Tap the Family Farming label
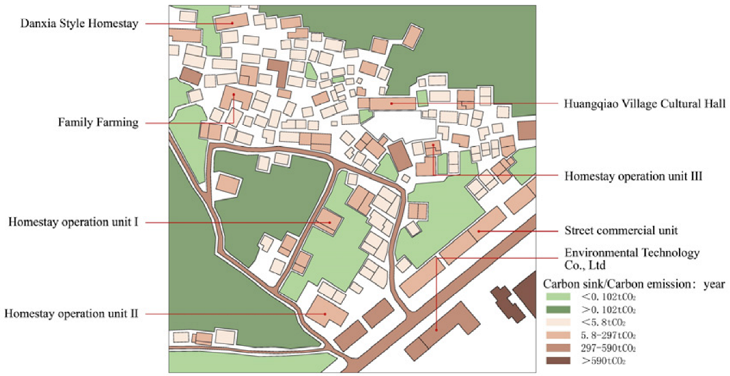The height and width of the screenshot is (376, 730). pyautogui.click(x=98, y=122)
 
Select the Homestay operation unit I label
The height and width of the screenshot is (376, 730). pyautogui.click(x=73, y=222)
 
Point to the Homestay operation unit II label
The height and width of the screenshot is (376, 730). pyautogui.click(x=71, y=314)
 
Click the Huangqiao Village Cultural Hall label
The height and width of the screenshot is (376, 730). pyautogui.click(x=638, y=103)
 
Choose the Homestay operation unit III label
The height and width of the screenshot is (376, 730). pyautogui.click(x=633, y=175)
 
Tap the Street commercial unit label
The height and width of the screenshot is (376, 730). pyautogui.click(x=621, y=231)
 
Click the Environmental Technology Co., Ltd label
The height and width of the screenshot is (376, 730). pyautogui.click(x=632, y=259)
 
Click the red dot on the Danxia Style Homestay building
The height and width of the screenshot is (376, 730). pyautogui.click(x=233, y=23)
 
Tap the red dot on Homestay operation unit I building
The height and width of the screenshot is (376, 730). pyautogui.click(x=329, y=222)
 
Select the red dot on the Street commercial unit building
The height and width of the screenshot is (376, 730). pyautogui.click(x=478, y=231)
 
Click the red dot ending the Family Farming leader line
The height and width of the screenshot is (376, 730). pyautogui.click(x=234, y=95)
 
